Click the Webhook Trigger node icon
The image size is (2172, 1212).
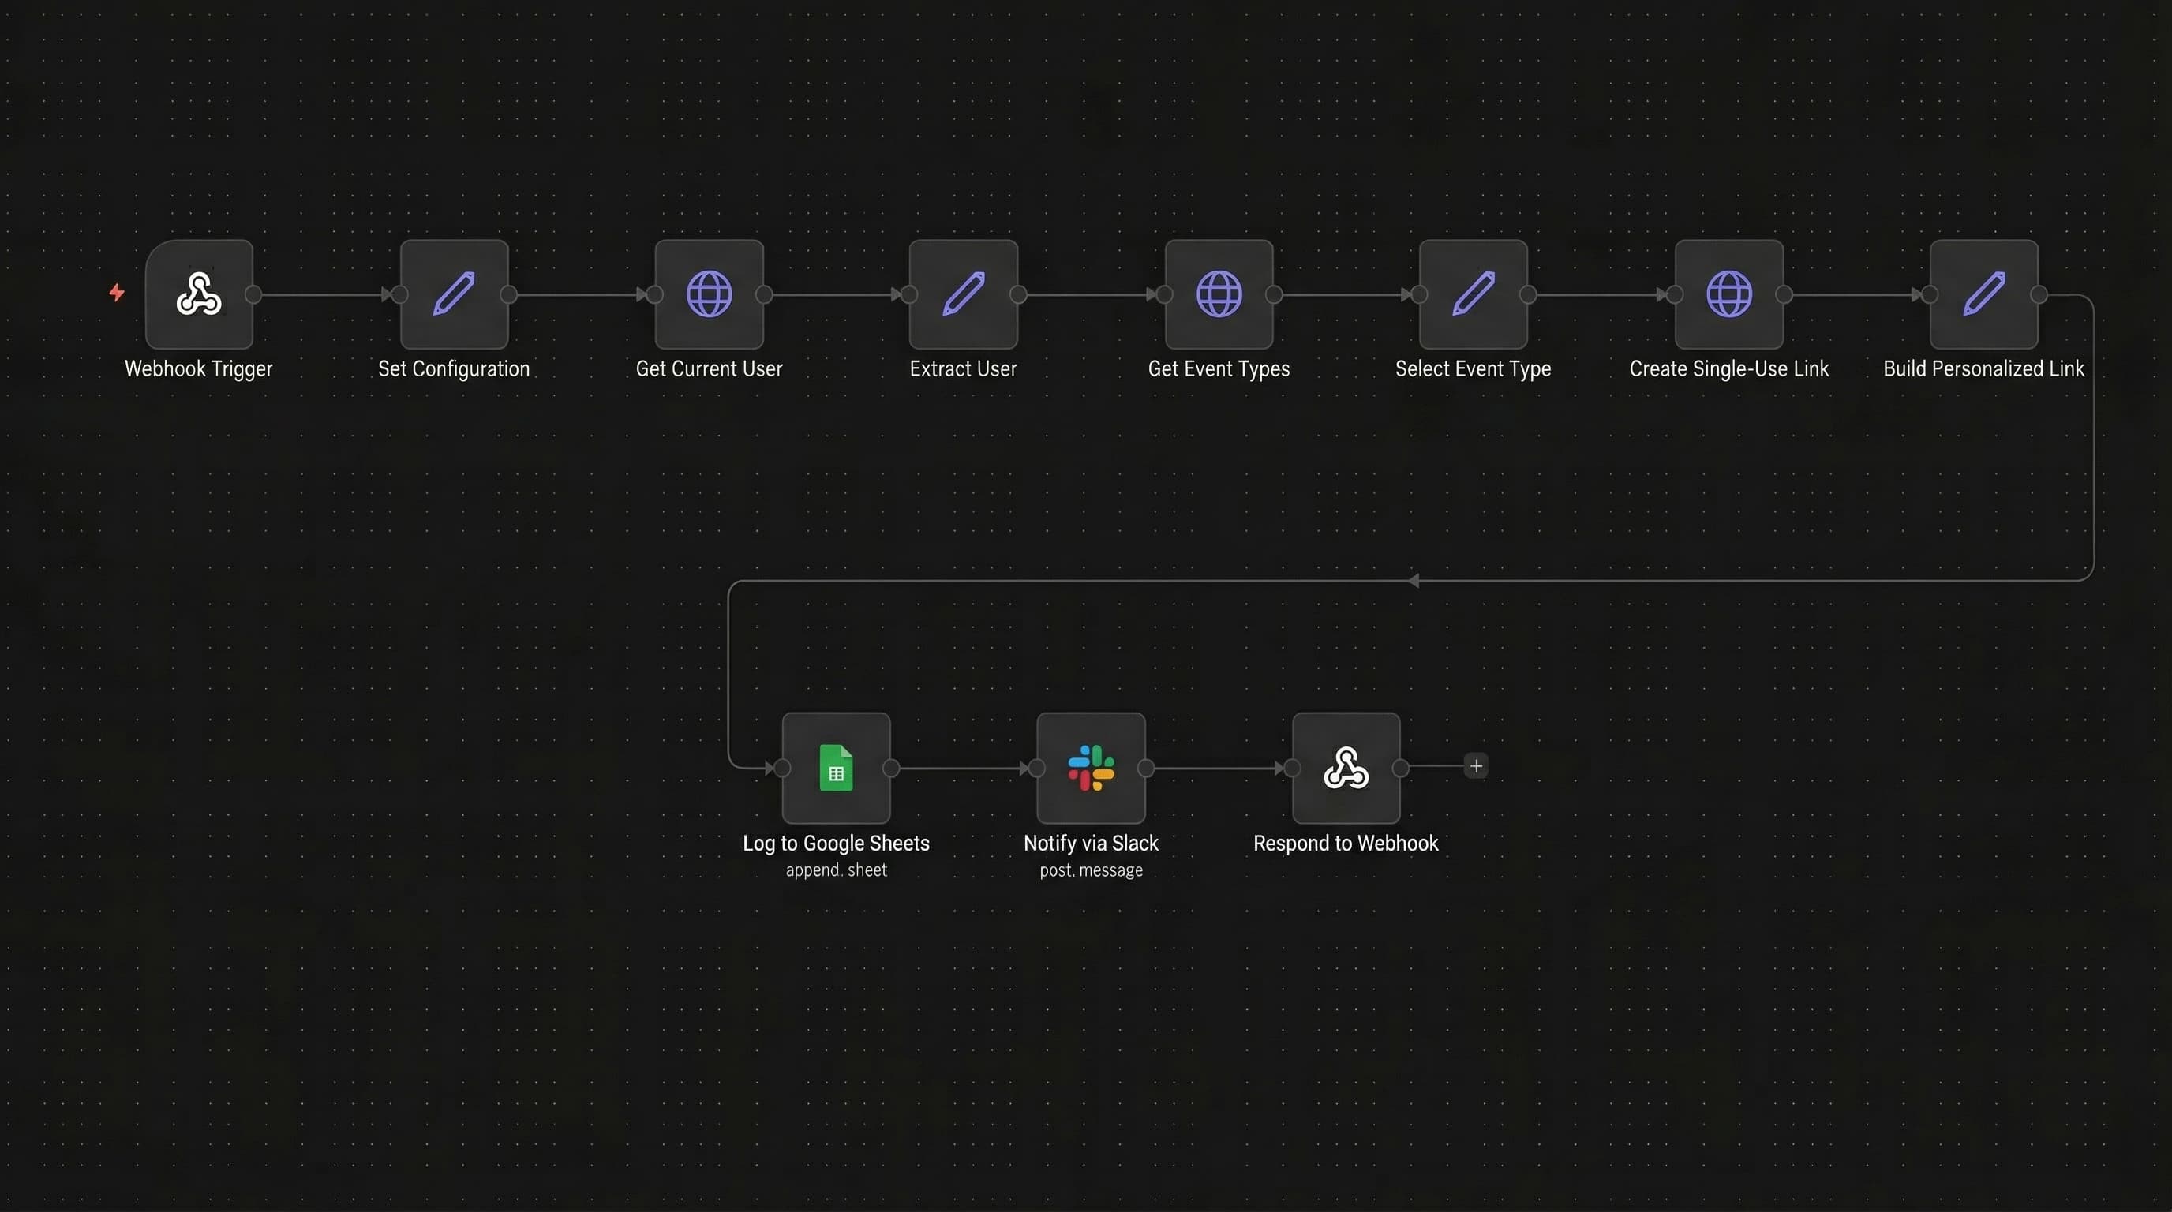tap(199, 294)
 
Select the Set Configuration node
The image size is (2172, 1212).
tap(454, 294)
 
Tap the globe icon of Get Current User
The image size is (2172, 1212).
tap(709, 294)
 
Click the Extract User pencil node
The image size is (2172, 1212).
tap(963, 294)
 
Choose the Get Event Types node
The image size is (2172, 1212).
tap(1219, 294)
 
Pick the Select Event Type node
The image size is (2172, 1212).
tap(1473, 294)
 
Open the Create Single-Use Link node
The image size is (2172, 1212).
tap(1728, 294)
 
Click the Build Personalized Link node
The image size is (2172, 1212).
tap(1983, 294)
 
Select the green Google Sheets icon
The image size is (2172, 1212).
tap(836, 768)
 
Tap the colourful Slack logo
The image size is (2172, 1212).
tap(1091, 768)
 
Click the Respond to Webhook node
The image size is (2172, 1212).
tap(1346, 768)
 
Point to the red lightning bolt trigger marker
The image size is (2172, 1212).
tap(117, 293)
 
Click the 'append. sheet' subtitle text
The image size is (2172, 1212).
tap(836, 870)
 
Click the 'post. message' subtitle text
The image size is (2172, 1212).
tap(1091, 870)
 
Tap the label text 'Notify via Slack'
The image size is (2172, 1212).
tap(1091, 843)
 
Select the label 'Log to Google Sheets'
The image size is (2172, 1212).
tap(836, 843)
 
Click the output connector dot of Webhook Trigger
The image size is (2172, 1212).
tap(253, 294)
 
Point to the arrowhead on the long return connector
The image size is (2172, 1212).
tap(1414, 581)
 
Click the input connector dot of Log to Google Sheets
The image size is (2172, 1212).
tap(782, 768)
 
